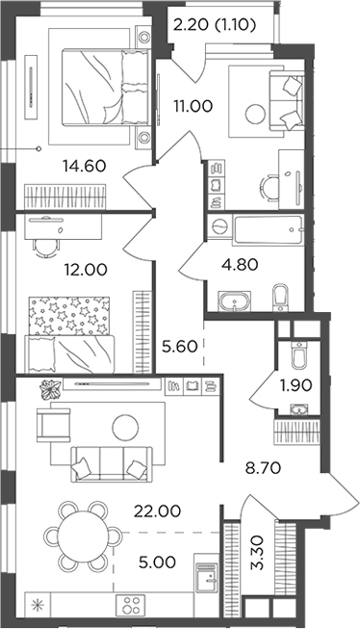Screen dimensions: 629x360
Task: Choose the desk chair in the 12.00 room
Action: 44,244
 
